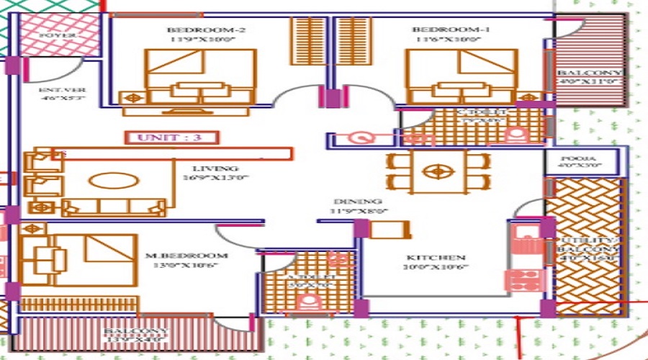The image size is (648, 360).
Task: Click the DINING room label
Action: pos(357,202)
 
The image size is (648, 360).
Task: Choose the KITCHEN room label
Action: pos(436,257)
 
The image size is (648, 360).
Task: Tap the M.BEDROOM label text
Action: pos(186,256)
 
